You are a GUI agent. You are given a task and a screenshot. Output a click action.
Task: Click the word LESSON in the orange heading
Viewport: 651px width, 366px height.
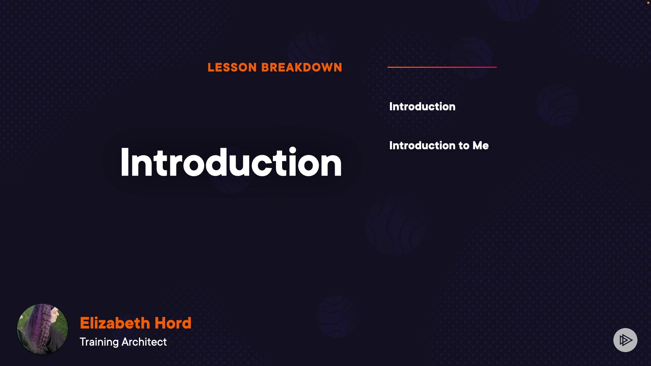point(232,67)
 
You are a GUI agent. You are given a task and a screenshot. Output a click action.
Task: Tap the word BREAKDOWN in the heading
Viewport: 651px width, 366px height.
point(302,67)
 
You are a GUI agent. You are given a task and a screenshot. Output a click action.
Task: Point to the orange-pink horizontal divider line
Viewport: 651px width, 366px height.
point(442,67)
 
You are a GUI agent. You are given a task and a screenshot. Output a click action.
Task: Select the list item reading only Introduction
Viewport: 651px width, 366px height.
point(422,106)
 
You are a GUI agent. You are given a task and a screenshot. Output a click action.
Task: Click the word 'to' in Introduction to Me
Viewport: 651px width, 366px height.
point(464,146)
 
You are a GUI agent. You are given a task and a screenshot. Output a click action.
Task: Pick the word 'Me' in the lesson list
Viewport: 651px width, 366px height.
point(481,145)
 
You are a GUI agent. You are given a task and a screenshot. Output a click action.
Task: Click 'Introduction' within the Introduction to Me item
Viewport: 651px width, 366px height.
point(422,145)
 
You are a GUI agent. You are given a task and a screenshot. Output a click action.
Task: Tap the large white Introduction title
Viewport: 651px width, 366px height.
point(231,162)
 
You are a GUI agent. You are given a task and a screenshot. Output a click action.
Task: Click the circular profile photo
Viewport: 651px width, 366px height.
point(42,329)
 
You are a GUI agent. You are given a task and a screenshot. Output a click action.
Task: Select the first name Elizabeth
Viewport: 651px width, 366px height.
point(115,323)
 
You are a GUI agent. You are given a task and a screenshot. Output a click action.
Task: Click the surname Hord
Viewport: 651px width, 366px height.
point(173,323)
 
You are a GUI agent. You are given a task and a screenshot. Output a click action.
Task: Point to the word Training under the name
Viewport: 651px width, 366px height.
point(99,342)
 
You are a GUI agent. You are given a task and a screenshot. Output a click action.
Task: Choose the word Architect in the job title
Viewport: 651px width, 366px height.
point(144,342)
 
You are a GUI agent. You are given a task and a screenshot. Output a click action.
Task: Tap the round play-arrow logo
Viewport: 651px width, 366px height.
point(625,340)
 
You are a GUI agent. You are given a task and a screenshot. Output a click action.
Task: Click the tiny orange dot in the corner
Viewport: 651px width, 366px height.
point(648,3)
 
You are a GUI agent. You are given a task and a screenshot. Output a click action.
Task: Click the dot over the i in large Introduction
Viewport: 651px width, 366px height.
point(293,150)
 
